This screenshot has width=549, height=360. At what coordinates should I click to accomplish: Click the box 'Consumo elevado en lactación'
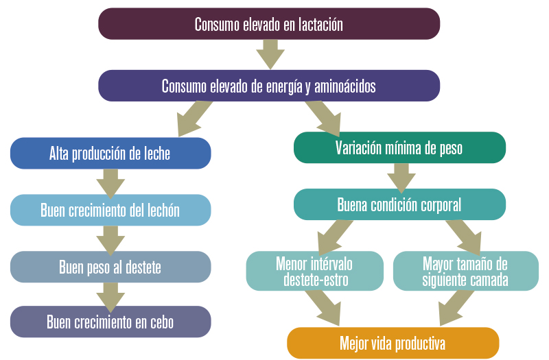point(269,24)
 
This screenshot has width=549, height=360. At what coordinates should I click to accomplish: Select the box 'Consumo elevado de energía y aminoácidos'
point(269,86)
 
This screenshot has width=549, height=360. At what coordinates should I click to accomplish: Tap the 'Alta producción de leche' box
point(110,153)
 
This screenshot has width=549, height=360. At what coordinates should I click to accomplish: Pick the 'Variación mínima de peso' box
point(399,147)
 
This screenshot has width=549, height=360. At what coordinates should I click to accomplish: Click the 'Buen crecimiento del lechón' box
point(110,210)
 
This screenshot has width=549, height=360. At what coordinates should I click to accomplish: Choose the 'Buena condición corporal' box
point(399,204)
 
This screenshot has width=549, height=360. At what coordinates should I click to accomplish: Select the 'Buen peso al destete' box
point(110,267)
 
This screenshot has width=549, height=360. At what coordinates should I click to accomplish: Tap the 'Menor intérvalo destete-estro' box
point(315,271)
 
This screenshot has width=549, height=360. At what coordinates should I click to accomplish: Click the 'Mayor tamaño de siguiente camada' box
point(466,271)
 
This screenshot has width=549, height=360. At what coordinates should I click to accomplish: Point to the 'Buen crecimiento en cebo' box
point(110,322)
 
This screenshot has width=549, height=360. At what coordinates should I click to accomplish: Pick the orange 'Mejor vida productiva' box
point(393,343)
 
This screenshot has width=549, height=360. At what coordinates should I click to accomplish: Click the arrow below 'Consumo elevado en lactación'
point(270,54)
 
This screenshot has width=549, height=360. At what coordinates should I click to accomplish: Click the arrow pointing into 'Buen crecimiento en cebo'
point(110,298)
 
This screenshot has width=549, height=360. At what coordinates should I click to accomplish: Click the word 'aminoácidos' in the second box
point(345,86)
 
